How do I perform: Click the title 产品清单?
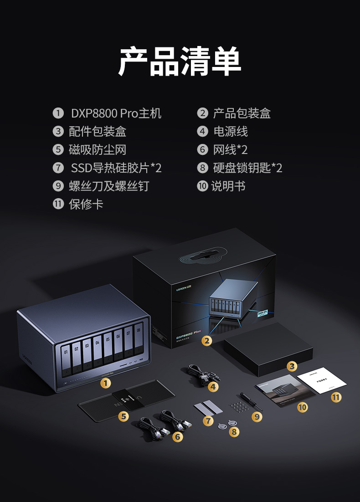180,61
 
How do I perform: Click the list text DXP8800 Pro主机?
116,113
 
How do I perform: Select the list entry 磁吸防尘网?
97,150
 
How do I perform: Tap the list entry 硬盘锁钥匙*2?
247,168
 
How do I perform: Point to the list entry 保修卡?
86,204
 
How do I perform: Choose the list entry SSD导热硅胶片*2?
116,168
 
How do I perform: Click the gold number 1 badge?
106,383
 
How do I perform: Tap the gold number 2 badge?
207,340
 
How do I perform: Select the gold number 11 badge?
336,397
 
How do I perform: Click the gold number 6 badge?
178,437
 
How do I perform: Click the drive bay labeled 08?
139,344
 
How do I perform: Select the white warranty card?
319,381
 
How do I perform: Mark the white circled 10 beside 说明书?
202,186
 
